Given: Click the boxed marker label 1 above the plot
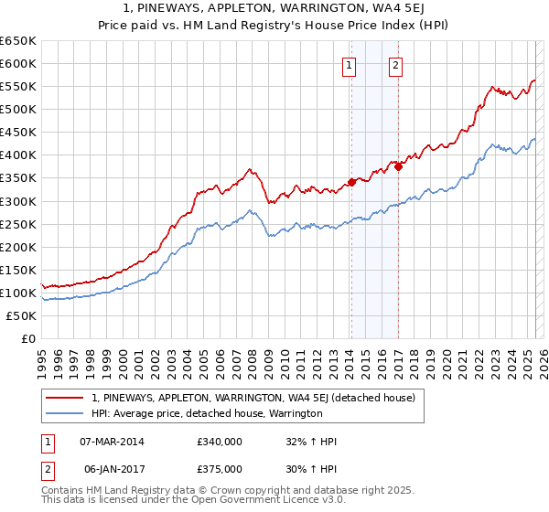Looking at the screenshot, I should pos(350,65).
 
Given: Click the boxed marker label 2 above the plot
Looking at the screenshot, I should pos(396,65).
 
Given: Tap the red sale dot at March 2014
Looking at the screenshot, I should pos(351,183).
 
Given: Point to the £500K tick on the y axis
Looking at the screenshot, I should pos(19,110).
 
